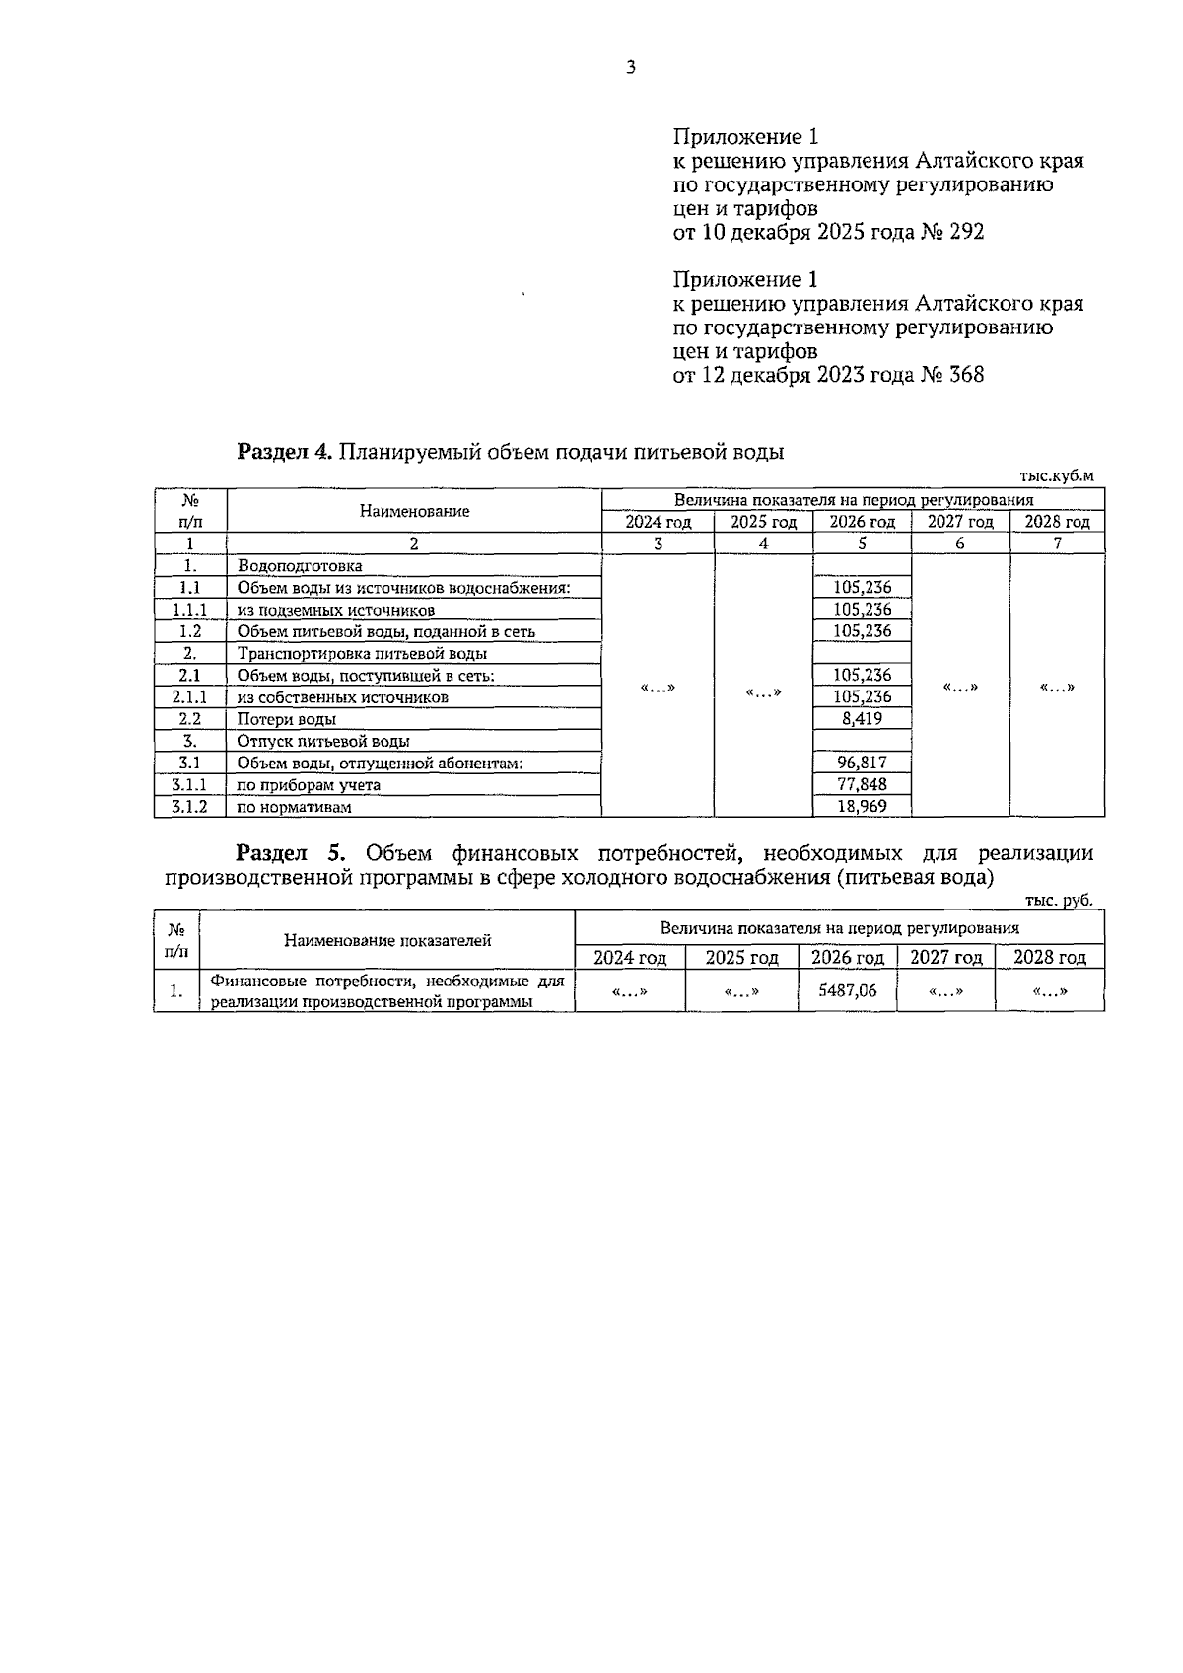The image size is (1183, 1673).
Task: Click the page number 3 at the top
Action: [x=631, y=68]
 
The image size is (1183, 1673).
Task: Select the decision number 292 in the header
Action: [x=966, y=233]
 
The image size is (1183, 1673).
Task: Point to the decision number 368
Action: [x=966, y=375]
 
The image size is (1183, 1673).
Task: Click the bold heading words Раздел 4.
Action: [x=286, y=453]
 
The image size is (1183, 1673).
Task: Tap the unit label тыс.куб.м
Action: [x=1057, y=475]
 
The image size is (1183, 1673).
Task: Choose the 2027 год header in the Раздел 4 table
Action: [x=959, y=522]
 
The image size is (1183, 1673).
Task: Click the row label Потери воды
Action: [x=286, y=719]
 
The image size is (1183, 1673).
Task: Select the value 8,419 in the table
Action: [x=862, y=719]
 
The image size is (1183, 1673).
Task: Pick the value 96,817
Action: [x=862, y=763]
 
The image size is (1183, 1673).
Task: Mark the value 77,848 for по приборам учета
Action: [x=862, y=784]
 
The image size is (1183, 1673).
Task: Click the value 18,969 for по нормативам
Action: [x=862, y=806]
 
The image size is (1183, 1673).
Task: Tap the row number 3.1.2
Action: [x=189, y=806]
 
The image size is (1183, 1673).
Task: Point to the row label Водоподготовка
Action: [x=300, y=566]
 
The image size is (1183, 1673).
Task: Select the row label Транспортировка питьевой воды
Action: [x=362, y=653]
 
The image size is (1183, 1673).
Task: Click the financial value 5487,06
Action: [x=847, y=990]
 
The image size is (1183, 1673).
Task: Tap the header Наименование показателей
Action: [x=387, y=940]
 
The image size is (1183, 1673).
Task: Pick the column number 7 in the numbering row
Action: [x=1057, y=544]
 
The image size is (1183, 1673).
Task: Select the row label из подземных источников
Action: [x=335, y=610]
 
